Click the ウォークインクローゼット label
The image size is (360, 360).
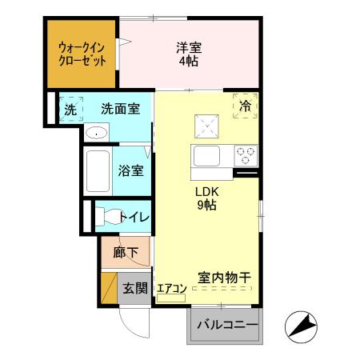79,53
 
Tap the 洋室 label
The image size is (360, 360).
189,54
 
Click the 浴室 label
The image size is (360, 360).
130,170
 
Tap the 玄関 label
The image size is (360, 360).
134,289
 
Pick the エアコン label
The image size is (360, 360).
171,289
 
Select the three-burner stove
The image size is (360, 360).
245,154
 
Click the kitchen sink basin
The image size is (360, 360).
205,155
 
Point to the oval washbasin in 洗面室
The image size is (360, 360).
96,133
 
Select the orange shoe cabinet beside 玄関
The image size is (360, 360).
109,288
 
